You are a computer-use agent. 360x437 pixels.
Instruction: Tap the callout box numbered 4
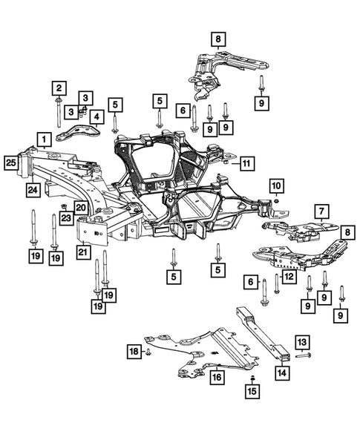coord(96,116)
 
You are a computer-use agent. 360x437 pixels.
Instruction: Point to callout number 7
coord(321,212)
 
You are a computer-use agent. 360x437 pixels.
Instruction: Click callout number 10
coord(275,185)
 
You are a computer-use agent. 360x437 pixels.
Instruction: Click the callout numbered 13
coord(301,341)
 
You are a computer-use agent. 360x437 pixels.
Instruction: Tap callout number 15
coord(252,390)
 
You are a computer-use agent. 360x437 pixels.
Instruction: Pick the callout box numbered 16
coord(216,378)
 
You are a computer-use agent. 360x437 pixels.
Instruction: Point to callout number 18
coord(134,350)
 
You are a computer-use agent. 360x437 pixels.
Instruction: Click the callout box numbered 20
coord(80,208)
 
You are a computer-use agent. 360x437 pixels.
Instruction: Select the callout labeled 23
coord(65,217)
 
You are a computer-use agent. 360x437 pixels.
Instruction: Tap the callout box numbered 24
coord(33,191)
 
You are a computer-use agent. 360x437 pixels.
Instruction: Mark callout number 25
coord(10,162)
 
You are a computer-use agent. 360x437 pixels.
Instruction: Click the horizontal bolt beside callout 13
coord(304,357)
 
